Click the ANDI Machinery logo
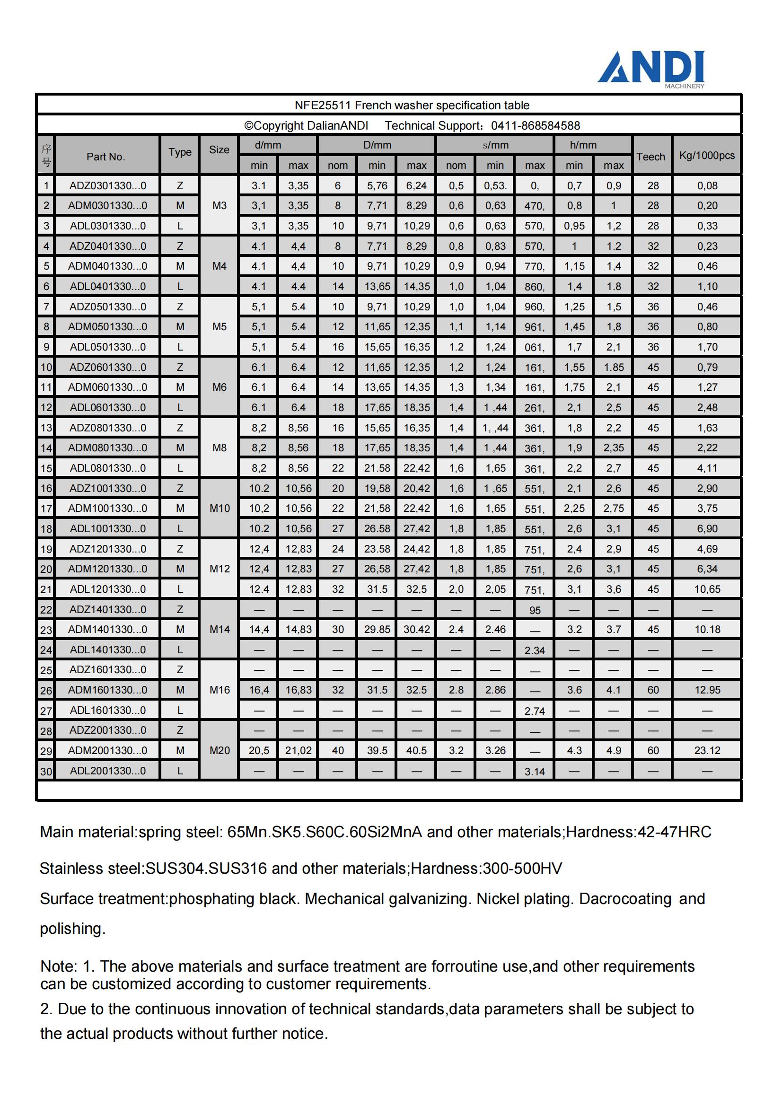click(651, 69)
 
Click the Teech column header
click(650, 157)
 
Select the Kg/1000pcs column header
click(707, 155)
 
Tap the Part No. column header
click(106, 157)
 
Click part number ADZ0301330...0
click(107, 185)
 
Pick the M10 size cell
click(219, 508)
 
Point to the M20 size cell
click(219, 750)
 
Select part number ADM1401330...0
click(107, 629)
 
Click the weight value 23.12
click(707, 750)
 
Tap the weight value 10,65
click(707, 588)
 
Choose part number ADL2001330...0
click(107, 770)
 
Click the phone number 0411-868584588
click(536, 126)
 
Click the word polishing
click(72, 928)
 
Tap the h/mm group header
click(583, 145)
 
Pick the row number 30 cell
click(46, 771)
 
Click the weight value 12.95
click(707, 690)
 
